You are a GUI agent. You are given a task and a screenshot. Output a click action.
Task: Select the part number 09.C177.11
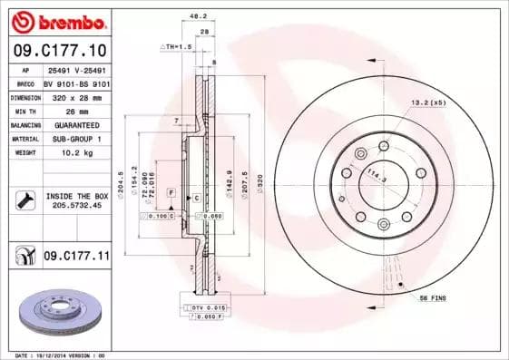tap(75, 257)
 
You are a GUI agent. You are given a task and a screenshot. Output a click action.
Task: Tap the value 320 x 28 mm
tap(75, 96)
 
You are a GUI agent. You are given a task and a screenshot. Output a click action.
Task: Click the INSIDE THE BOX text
tap(76, 196)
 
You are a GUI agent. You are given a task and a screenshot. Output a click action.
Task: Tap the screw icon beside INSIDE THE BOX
tap(25, 201)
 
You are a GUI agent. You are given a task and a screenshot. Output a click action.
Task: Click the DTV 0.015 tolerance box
tap(209, 310)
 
